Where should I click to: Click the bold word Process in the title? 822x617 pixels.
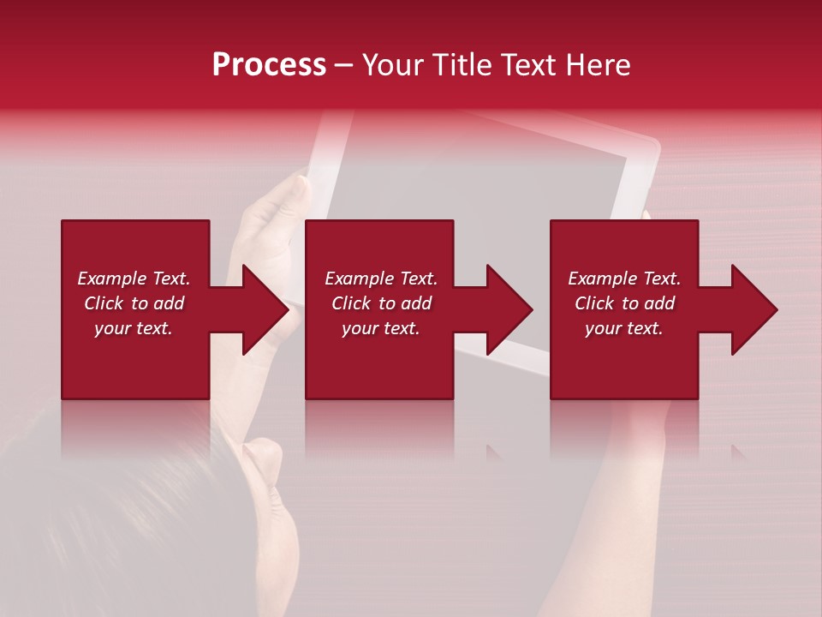click(269, 65)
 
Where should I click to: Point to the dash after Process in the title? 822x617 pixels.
click(344, 66)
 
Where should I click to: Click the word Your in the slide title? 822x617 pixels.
click(393, 65)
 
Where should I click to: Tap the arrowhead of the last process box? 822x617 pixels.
click(753, 309)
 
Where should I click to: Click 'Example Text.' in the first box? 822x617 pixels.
click(134, 279)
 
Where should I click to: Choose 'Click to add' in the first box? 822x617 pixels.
click(134, 303)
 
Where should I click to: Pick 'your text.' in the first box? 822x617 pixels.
click(134, 328)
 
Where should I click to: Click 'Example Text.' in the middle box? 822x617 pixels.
click(381, 279)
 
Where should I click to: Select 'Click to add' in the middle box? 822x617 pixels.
click(381, 303)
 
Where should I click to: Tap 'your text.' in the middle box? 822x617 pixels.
click(381, 328)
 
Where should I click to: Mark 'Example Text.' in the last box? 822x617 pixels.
click(624, 279)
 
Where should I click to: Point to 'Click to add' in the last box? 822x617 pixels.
click(624, 303)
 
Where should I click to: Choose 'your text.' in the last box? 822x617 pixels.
click(624, 328)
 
